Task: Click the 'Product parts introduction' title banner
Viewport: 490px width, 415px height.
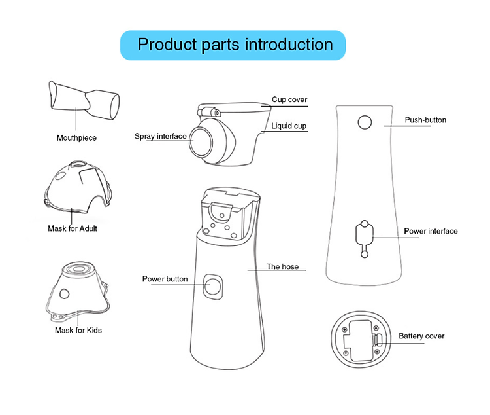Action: [x=233, y=45]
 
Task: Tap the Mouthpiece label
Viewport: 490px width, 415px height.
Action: [x=76, y=138]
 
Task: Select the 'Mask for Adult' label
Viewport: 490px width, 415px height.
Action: [x=73, y=228]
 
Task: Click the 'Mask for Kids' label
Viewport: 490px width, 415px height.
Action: [x=78, y=330]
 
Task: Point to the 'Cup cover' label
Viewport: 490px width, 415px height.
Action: [x=289, y=99]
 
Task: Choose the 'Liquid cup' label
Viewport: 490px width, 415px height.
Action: [x=289, y=126]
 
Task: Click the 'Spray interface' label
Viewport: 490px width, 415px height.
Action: [x=160, y=136]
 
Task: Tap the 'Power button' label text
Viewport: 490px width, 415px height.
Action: [x=165, y=279]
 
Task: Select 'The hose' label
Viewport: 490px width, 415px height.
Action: [x=282, y=266]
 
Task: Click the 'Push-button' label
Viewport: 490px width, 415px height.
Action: [x=425, y=120]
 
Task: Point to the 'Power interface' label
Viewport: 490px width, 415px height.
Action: [x=431, y=231]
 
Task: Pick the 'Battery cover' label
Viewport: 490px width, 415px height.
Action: [x=421, y=336]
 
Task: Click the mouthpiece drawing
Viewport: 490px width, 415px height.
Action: [x=84, y=101]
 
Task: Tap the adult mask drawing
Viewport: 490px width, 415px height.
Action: [x=78, y=187]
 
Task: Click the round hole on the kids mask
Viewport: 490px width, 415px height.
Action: [x=65, y=294]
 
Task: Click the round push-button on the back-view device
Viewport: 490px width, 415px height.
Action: [x=365, y=122]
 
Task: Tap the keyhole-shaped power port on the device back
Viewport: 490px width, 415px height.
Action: [x=365, y=239]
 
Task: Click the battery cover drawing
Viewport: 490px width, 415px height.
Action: [x=361, y=340]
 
